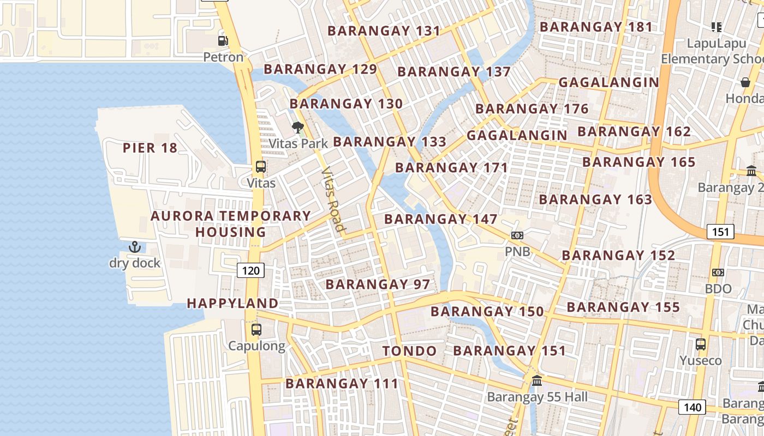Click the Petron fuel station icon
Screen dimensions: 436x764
click(223, 40)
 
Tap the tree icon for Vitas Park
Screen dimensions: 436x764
click(298, 128)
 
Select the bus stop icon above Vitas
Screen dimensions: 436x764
click(261, 167)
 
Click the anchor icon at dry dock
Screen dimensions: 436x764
click(135, 247)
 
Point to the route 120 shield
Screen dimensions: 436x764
click(250, 270)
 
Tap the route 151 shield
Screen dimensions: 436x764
click(720, 232)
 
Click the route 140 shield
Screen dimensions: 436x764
click(692, 407)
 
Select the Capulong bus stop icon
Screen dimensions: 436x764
click(256, 330)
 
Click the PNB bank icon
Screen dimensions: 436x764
click(517, 235)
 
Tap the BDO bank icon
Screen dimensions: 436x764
click(718, 272)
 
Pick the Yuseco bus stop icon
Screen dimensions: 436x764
click(701, 344)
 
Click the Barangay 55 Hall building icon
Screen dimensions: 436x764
click(537, 380)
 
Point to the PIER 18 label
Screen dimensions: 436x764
click(150, 148)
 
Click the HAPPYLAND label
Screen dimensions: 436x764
click(232, 303)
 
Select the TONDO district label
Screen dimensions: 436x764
click(409, 351)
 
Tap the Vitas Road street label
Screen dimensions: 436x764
click(333, 199)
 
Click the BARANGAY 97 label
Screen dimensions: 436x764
click(378, 284)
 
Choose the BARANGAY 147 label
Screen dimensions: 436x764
click(440, 219)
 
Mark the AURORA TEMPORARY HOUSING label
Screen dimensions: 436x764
click(231, 223)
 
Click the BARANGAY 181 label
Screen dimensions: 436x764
click(596, 27)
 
